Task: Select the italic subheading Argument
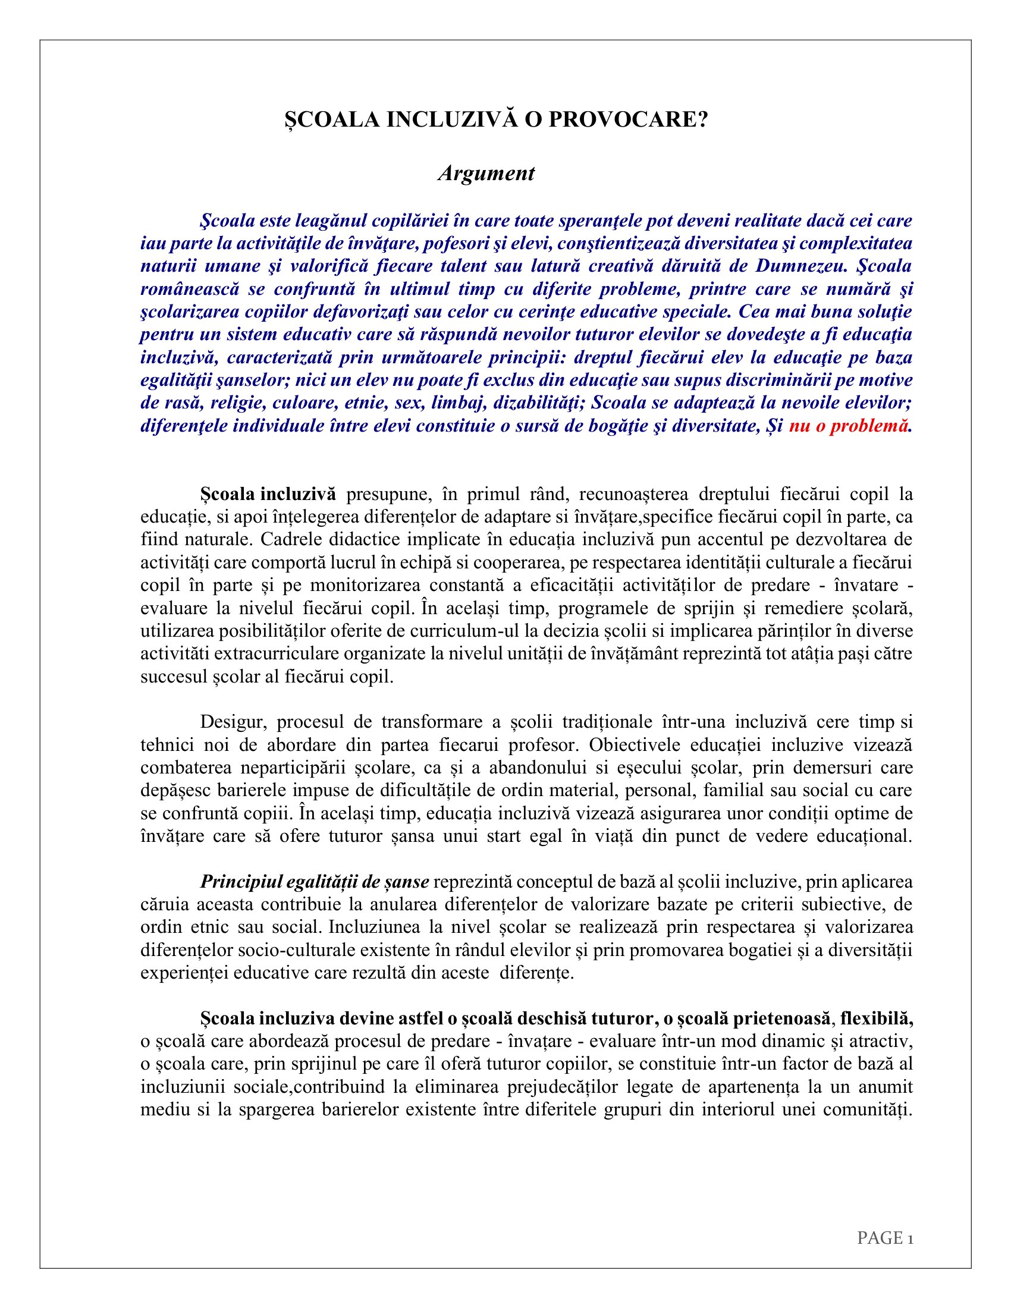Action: tap(486, 174)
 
